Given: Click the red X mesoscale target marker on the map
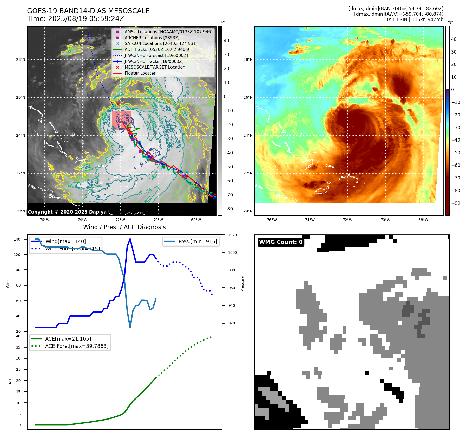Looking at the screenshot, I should click(118, 104).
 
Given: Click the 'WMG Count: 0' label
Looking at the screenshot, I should click(281, 242).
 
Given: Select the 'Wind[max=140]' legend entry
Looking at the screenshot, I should click(65, 241).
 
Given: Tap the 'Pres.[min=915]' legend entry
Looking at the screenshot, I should click(198, 241).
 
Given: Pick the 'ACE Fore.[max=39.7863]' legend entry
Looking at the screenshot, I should click(77, 346).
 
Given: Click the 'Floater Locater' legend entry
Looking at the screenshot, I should click(140, 73).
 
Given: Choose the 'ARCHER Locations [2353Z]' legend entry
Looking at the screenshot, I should click(152, 38).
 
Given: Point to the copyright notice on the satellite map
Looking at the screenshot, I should click(67, 212).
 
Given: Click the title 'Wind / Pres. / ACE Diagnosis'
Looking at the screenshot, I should click(124, 227).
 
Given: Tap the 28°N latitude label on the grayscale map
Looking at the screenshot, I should click(21, 59).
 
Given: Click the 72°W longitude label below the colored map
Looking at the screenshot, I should click(347, 220).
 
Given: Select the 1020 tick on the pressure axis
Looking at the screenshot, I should click(233, 235).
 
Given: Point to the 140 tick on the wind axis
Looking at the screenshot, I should click(17, 239).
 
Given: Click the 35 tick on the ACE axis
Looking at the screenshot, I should click(18, 347).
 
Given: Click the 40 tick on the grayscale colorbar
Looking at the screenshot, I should click(226, 41).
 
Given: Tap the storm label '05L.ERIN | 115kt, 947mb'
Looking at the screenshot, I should click(415, 19).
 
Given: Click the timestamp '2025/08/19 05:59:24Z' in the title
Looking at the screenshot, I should click(86, 19).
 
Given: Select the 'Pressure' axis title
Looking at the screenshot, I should click(242, 284).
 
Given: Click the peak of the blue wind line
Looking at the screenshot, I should click(130, 239).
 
